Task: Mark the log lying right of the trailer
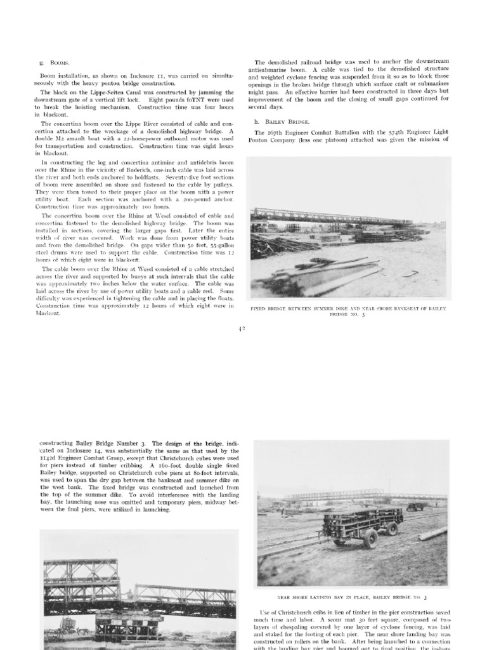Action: tap(433, 534)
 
